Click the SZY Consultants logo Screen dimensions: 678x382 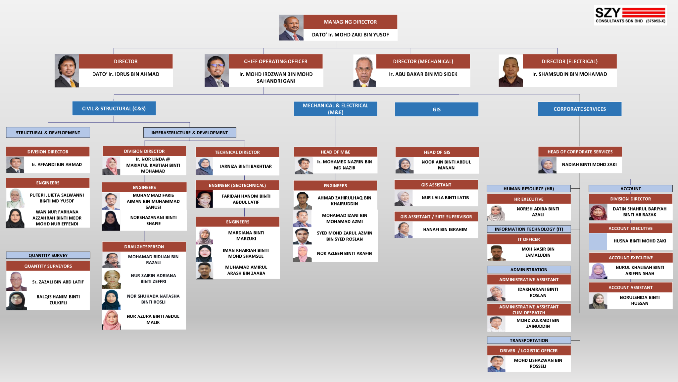pos(630,15)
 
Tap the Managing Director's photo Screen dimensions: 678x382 pos(291,28)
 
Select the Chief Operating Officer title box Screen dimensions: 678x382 pos(276,61)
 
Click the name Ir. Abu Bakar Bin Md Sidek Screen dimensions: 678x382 pos(423,74)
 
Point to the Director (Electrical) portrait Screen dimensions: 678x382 pos(511,71)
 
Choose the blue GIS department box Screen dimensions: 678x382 pos(437,109)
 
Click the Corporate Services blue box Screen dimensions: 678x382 pos(580,109)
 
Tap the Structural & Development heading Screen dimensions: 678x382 pos(48,133)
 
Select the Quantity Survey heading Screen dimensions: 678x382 pos(48,255)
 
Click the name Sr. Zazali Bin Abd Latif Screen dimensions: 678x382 pos(58,282)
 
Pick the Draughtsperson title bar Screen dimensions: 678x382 pos(144,247)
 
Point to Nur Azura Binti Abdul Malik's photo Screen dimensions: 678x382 pos(112,320)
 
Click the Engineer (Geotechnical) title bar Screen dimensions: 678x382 pos(237,185)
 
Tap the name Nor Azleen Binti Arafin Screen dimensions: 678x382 pos(344,253)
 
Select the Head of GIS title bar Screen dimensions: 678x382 pos(437,152)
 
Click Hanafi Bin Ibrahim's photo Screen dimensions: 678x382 pos(404,230)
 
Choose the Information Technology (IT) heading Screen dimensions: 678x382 pos(529,229)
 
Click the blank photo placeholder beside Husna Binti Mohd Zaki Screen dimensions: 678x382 pos(598,241)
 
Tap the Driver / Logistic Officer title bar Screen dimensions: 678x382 pos(529,350)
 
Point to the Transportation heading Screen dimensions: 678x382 pos(529,341)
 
